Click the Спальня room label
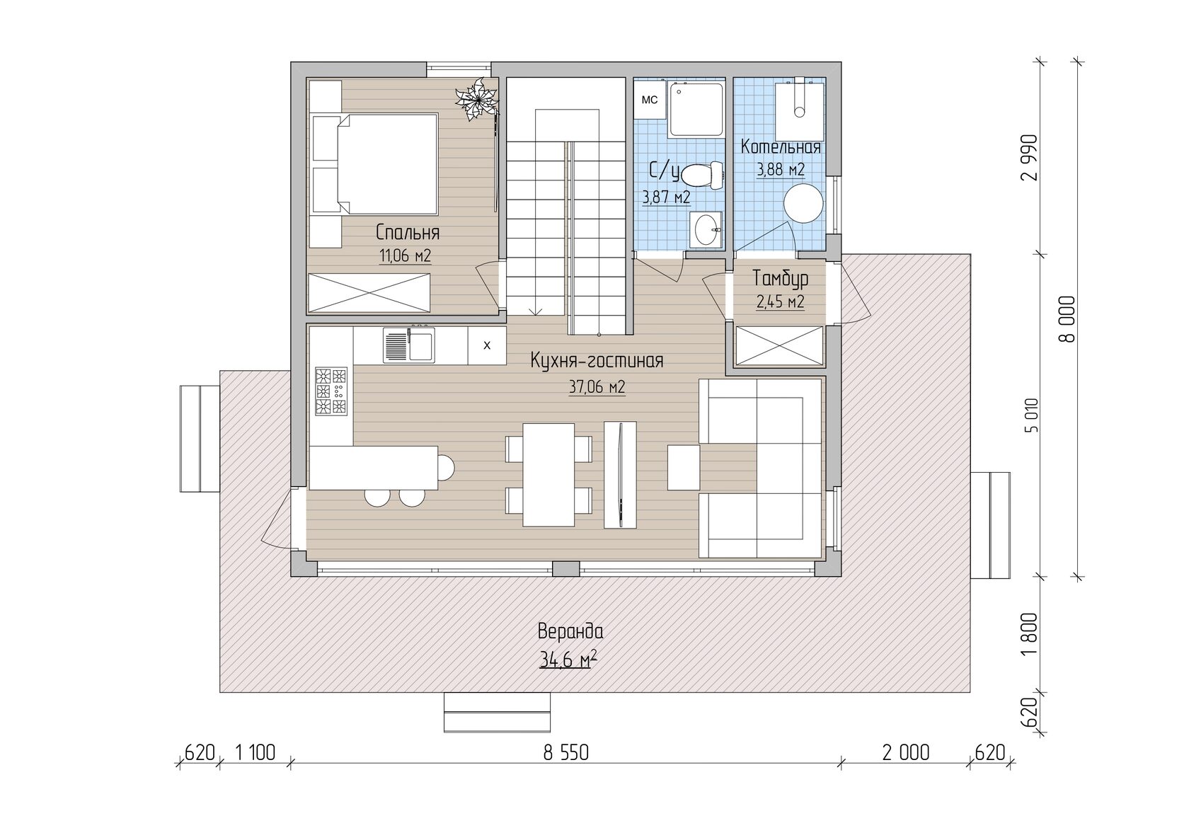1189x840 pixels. coord(408,232)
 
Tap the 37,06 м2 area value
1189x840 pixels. coord(597,387)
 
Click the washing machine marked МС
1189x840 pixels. coord(650,100)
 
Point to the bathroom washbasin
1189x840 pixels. coord(706,230)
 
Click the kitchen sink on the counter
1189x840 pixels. coord(409,345)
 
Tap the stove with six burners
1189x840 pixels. coord(331,391)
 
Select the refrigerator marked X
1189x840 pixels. coord(487,345)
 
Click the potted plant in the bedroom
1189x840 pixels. coord(476,99)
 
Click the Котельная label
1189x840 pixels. coord(780,147)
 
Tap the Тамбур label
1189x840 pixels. coord(780,279)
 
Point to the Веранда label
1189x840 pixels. coord(570,632)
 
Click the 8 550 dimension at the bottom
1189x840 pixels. coord(566,752)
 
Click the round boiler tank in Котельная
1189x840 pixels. coord(804,203)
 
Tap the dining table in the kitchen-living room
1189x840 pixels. coord(548,475)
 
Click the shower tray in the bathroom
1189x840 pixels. coord(696,110)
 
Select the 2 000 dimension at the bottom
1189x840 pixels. coord(906,752)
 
